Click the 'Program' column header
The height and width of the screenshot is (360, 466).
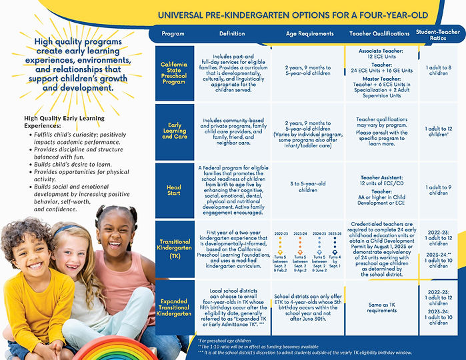click(x=173, y=33)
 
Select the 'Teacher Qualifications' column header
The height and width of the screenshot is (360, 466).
click(x=379, y=33)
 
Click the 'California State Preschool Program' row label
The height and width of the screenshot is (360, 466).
click(x=173, y=73)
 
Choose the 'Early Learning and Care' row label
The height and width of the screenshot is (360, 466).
click(x=173, y=132)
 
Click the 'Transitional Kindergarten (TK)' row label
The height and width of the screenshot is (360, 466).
click(x=173, y=249)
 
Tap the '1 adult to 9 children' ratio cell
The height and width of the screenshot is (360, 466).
click(x=439, y=191)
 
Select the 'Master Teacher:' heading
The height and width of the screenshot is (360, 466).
click(x=379, y=79)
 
